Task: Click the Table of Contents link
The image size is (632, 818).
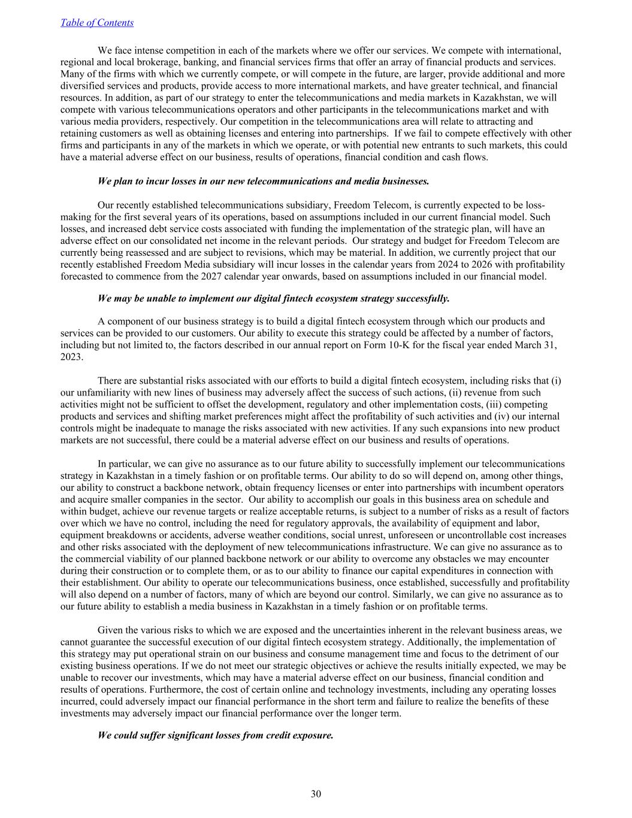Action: click(x=97, y=23)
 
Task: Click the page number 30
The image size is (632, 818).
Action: click(x=316, y=794)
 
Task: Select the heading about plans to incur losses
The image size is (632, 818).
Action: click(x=263, y=181)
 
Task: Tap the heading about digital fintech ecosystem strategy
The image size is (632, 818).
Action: click(x=273, y=298)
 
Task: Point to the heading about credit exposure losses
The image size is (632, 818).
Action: click(x=215, y=735)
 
